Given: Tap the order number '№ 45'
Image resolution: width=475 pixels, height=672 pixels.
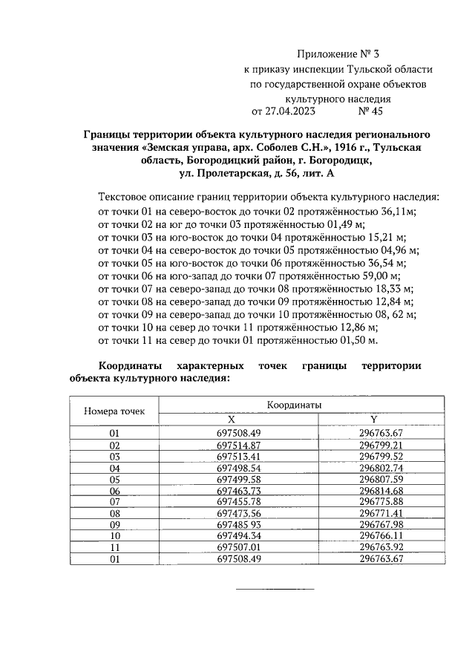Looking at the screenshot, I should (x=370, y=111).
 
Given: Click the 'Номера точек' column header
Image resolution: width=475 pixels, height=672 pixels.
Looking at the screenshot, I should (x=114, y=411).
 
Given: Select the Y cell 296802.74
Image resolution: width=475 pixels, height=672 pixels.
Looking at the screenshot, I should (x=380, y=469).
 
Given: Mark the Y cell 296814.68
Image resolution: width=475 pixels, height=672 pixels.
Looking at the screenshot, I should (x=380, y=491).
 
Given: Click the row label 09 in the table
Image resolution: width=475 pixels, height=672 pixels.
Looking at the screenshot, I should (x=114, y=523).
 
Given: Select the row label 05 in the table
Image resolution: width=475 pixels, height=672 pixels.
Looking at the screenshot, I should (x=114, y=480).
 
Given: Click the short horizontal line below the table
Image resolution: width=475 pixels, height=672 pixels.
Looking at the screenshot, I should (x=275, y=590).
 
